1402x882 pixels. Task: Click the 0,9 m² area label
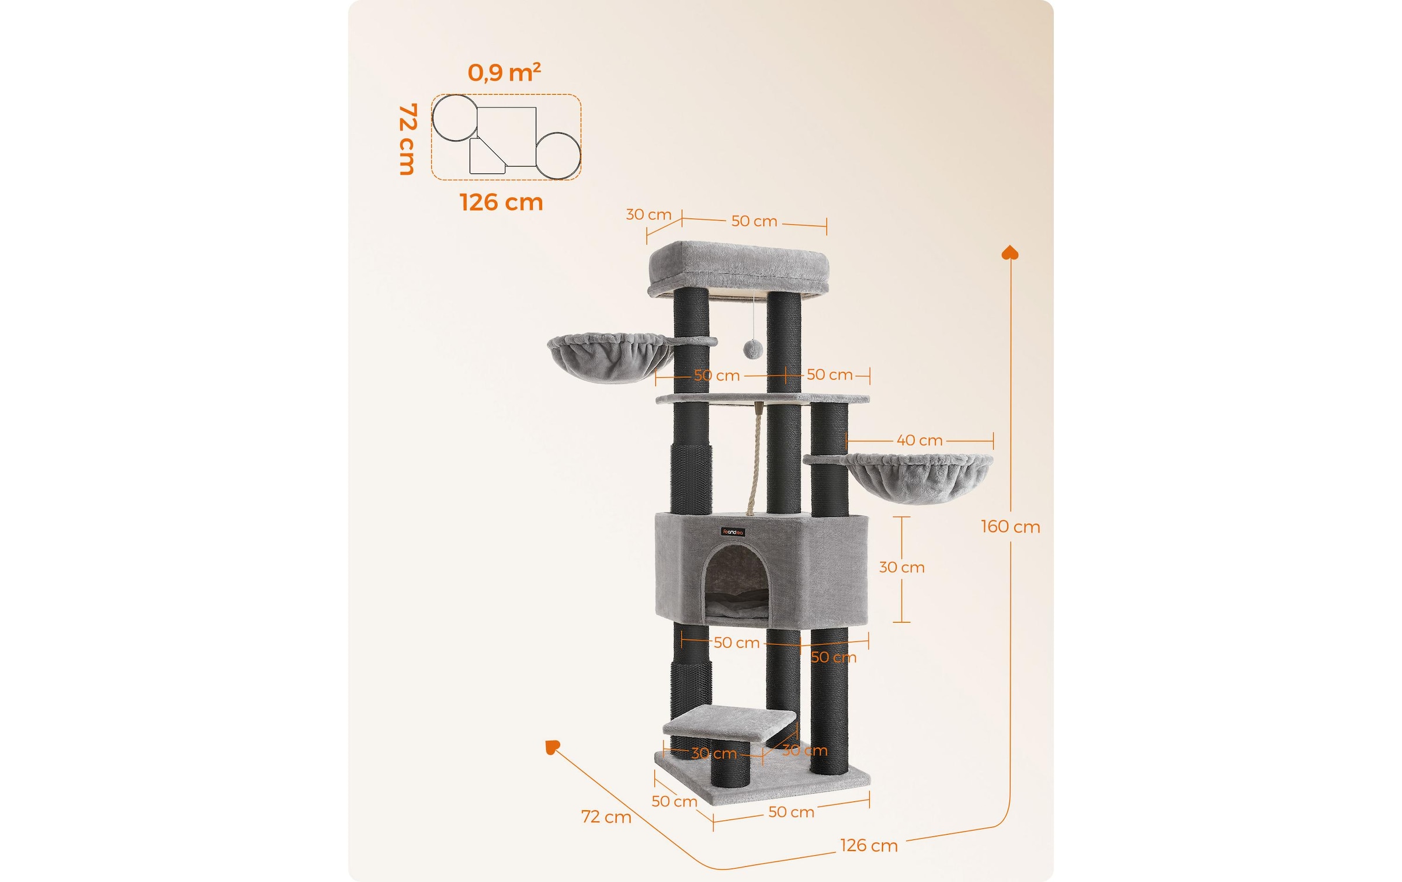coord(504,72)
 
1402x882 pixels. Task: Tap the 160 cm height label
coord(1011,527)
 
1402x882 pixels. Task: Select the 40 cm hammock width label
coord(919,440)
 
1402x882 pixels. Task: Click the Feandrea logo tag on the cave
coord(733,532)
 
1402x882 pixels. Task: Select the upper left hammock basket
coord(610,357)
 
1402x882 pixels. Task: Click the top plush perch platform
coord(738,269)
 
